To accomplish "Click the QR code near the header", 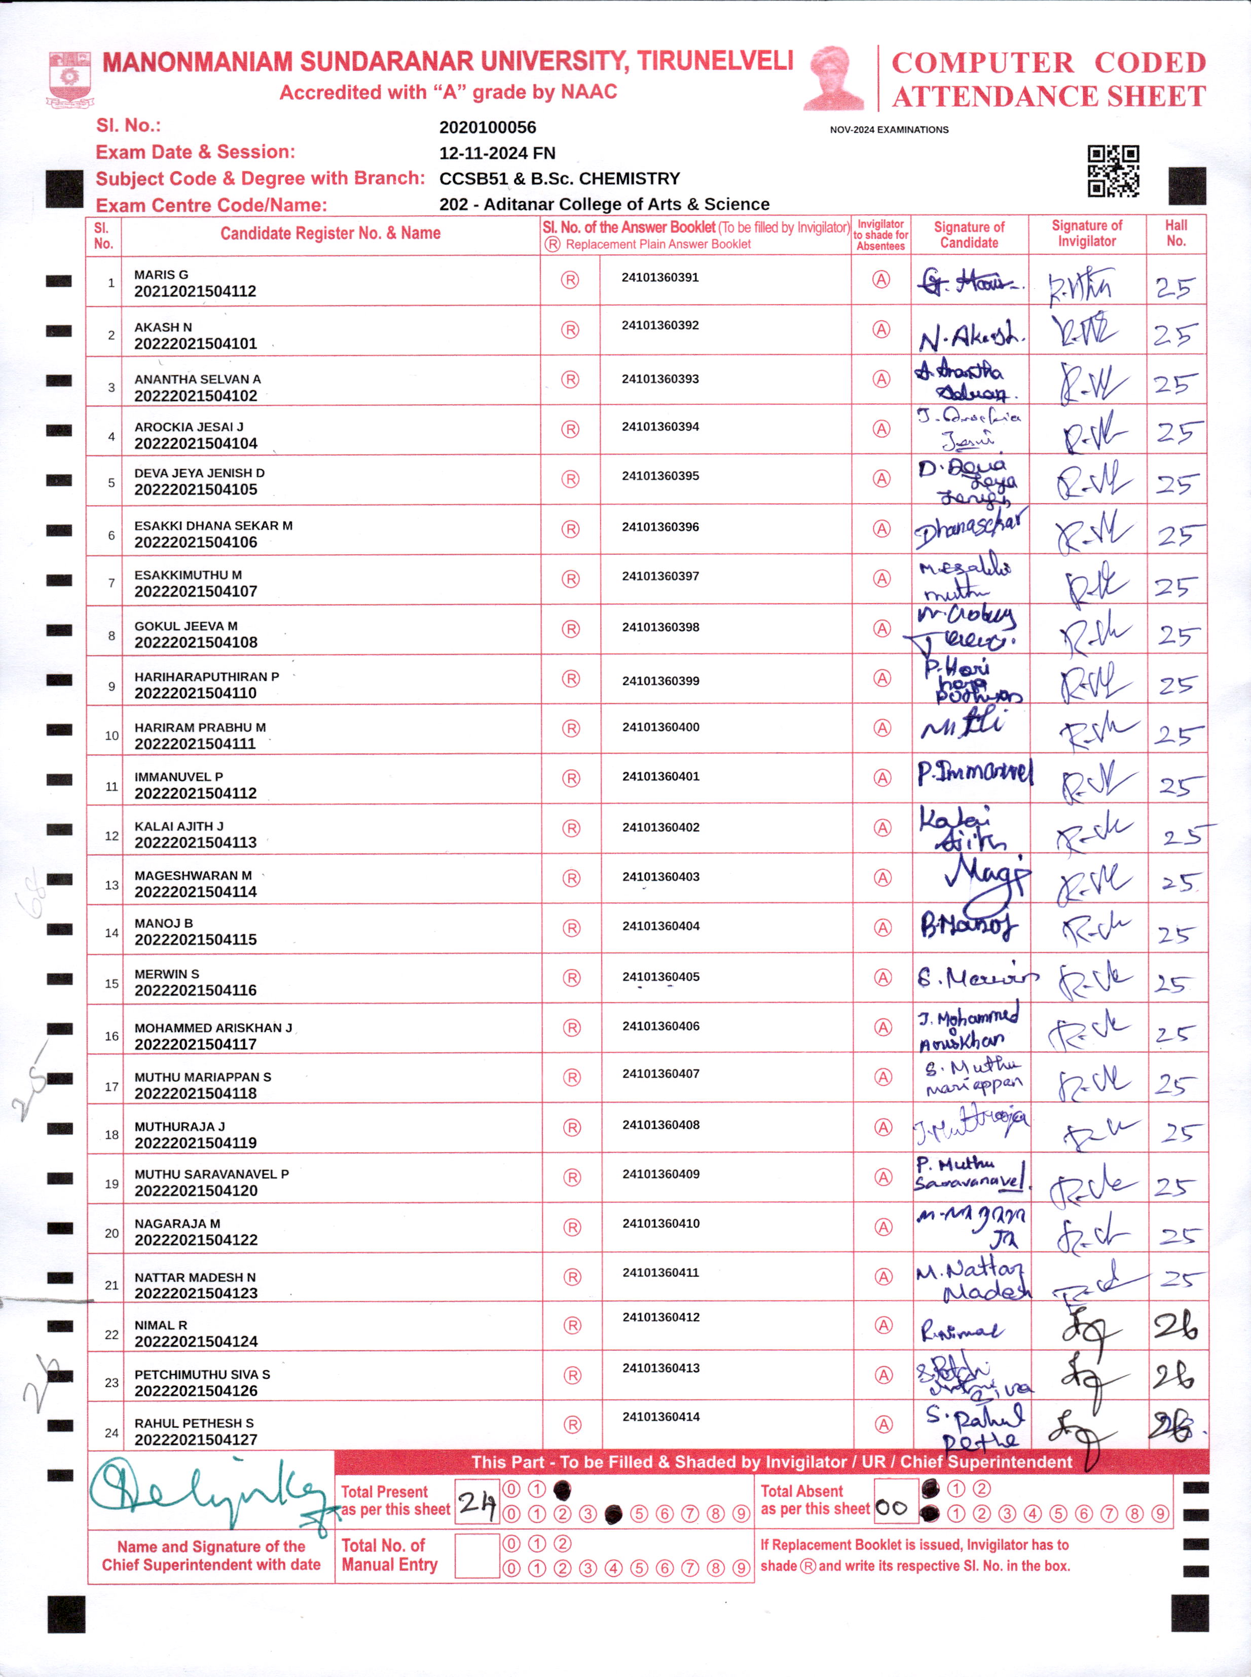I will (x=1113, y=171).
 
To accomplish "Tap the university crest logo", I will (x=69, y=79).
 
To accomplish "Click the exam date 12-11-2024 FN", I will (x=497, y=153).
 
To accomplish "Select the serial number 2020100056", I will (x=487, y=127).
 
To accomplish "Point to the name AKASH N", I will (x=163, y=327).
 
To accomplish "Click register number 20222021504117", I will (x=195, y=1044).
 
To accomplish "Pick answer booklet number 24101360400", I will (x=660, y=727).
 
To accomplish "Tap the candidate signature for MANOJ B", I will (x=969, y=926).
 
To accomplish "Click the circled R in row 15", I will (x=572, y=978).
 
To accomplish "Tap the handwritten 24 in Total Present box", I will (x=476, y=1502).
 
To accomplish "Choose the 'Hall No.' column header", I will (x=1175, y=233).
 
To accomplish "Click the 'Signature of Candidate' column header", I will (x=969, y=235).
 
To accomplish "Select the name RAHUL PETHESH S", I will (x=194, y=1423).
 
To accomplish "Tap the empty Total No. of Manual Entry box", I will (x=476, y=1556).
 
